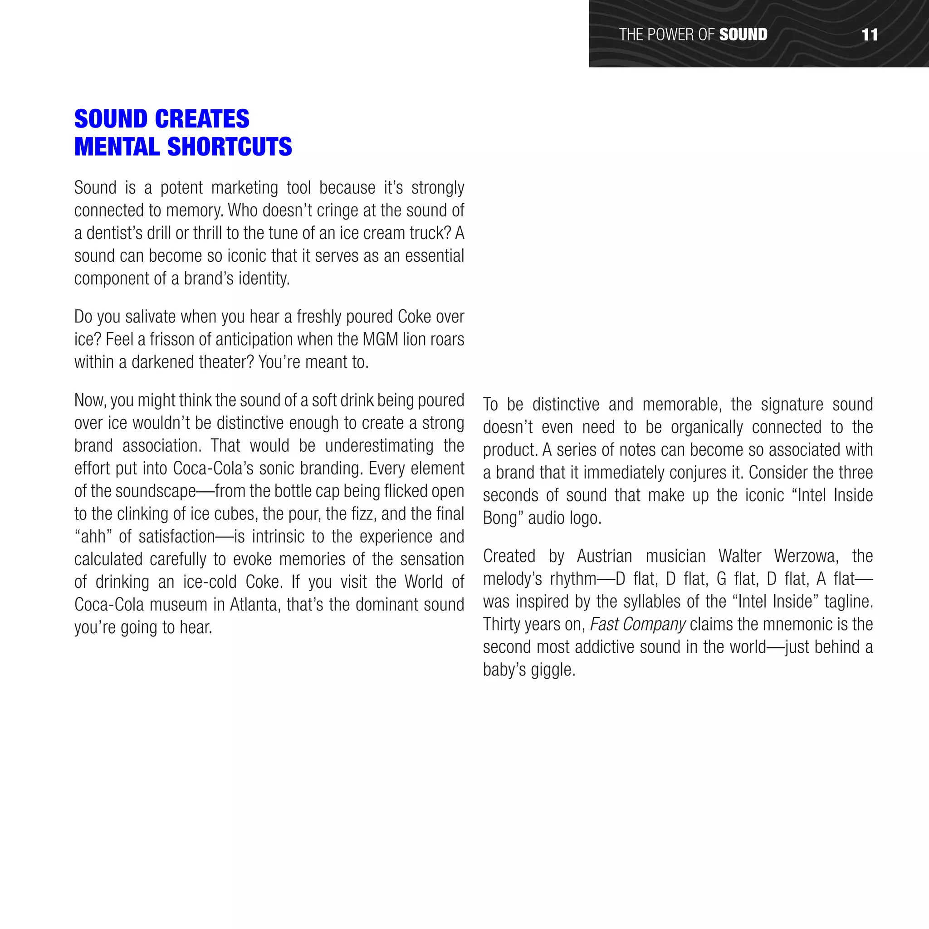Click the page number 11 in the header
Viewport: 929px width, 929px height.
(870, 34)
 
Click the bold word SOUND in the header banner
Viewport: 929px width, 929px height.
(743, 34)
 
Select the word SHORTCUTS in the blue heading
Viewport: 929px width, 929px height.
(230, 147)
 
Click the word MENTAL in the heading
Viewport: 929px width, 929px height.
(117, 147)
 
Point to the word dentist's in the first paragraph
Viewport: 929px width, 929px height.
(114, 233)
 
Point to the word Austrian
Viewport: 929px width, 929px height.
(604, 556)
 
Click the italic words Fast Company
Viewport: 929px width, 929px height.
(637, 625)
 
